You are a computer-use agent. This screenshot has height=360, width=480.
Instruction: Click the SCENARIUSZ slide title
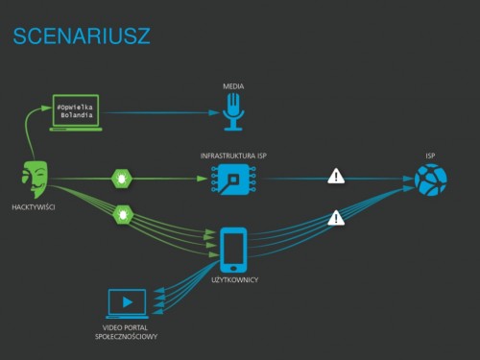[82, 36]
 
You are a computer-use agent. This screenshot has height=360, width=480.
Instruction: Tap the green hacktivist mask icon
[35, 180]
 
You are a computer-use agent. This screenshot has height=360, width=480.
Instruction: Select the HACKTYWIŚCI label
[34, 207]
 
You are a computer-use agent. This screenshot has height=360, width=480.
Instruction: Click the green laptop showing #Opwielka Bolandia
[76, 112]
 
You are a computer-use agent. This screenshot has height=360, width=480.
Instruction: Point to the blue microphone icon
[233, 111]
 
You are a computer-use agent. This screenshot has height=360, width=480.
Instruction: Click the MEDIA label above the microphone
[233, 86]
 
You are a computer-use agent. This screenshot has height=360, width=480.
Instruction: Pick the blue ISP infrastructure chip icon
[233, 179]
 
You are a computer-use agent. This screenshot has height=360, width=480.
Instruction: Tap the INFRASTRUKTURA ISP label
[233, 156]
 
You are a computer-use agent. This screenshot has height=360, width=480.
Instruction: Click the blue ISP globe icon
[431, 180]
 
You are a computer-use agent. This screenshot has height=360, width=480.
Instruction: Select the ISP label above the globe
[430, 156]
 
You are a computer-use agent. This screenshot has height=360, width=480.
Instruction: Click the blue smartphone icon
[233, 250]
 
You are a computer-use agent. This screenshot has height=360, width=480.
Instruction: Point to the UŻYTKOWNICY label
[234, 280]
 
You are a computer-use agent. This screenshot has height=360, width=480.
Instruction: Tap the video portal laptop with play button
[128, 303]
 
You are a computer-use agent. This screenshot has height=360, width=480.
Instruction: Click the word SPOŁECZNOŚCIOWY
[126, 337]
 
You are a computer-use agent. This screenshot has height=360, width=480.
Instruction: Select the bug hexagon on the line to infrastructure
[122, 179]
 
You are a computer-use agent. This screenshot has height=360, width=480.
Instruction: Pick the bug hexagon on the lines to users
[123, 214]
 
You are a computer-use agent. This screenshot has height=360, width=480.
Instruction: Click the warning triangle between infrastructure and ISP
[336, 177]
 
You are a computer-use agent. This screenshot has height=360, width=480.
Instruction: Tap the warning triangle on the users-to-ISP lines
[336, 218]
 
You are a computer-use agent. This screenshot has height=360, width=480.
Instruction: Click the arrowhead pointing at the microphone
[214, 112]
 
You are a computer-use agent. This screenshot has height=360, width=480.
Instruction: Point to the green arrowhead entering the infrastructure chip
[202, 179]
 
